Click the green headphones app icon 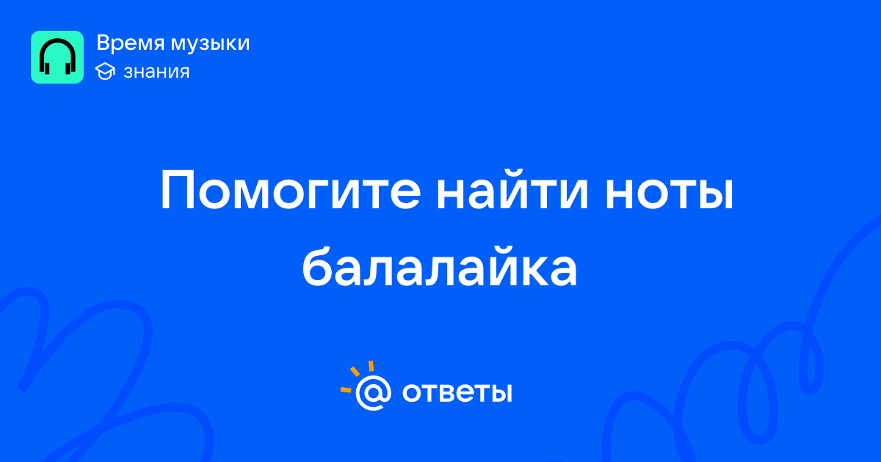(57, 57)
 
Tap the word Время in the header (130, 43)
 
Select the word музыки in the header (211, 44)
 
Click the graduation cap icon (105, 71)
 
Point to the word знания (156, 72)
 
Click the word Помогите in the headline (291, 191)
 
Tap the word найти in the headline (512, 190)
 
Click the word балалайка (440, 266)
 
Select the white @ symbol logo (373, 393)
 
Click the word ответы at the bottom (457, 392)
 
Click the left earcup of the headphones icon (46, 67)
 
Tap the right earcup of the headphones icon (68, 67)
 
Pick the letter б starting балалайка (317, 266)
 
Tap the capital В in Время (104, 43)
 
